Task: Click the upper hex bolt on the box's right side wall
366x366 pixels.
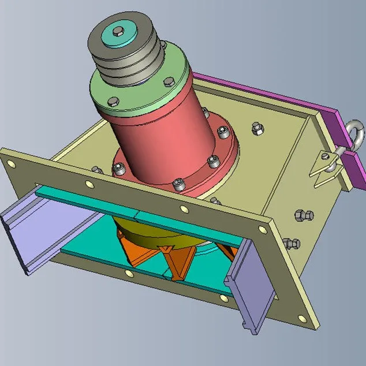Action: click(303, 216)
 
